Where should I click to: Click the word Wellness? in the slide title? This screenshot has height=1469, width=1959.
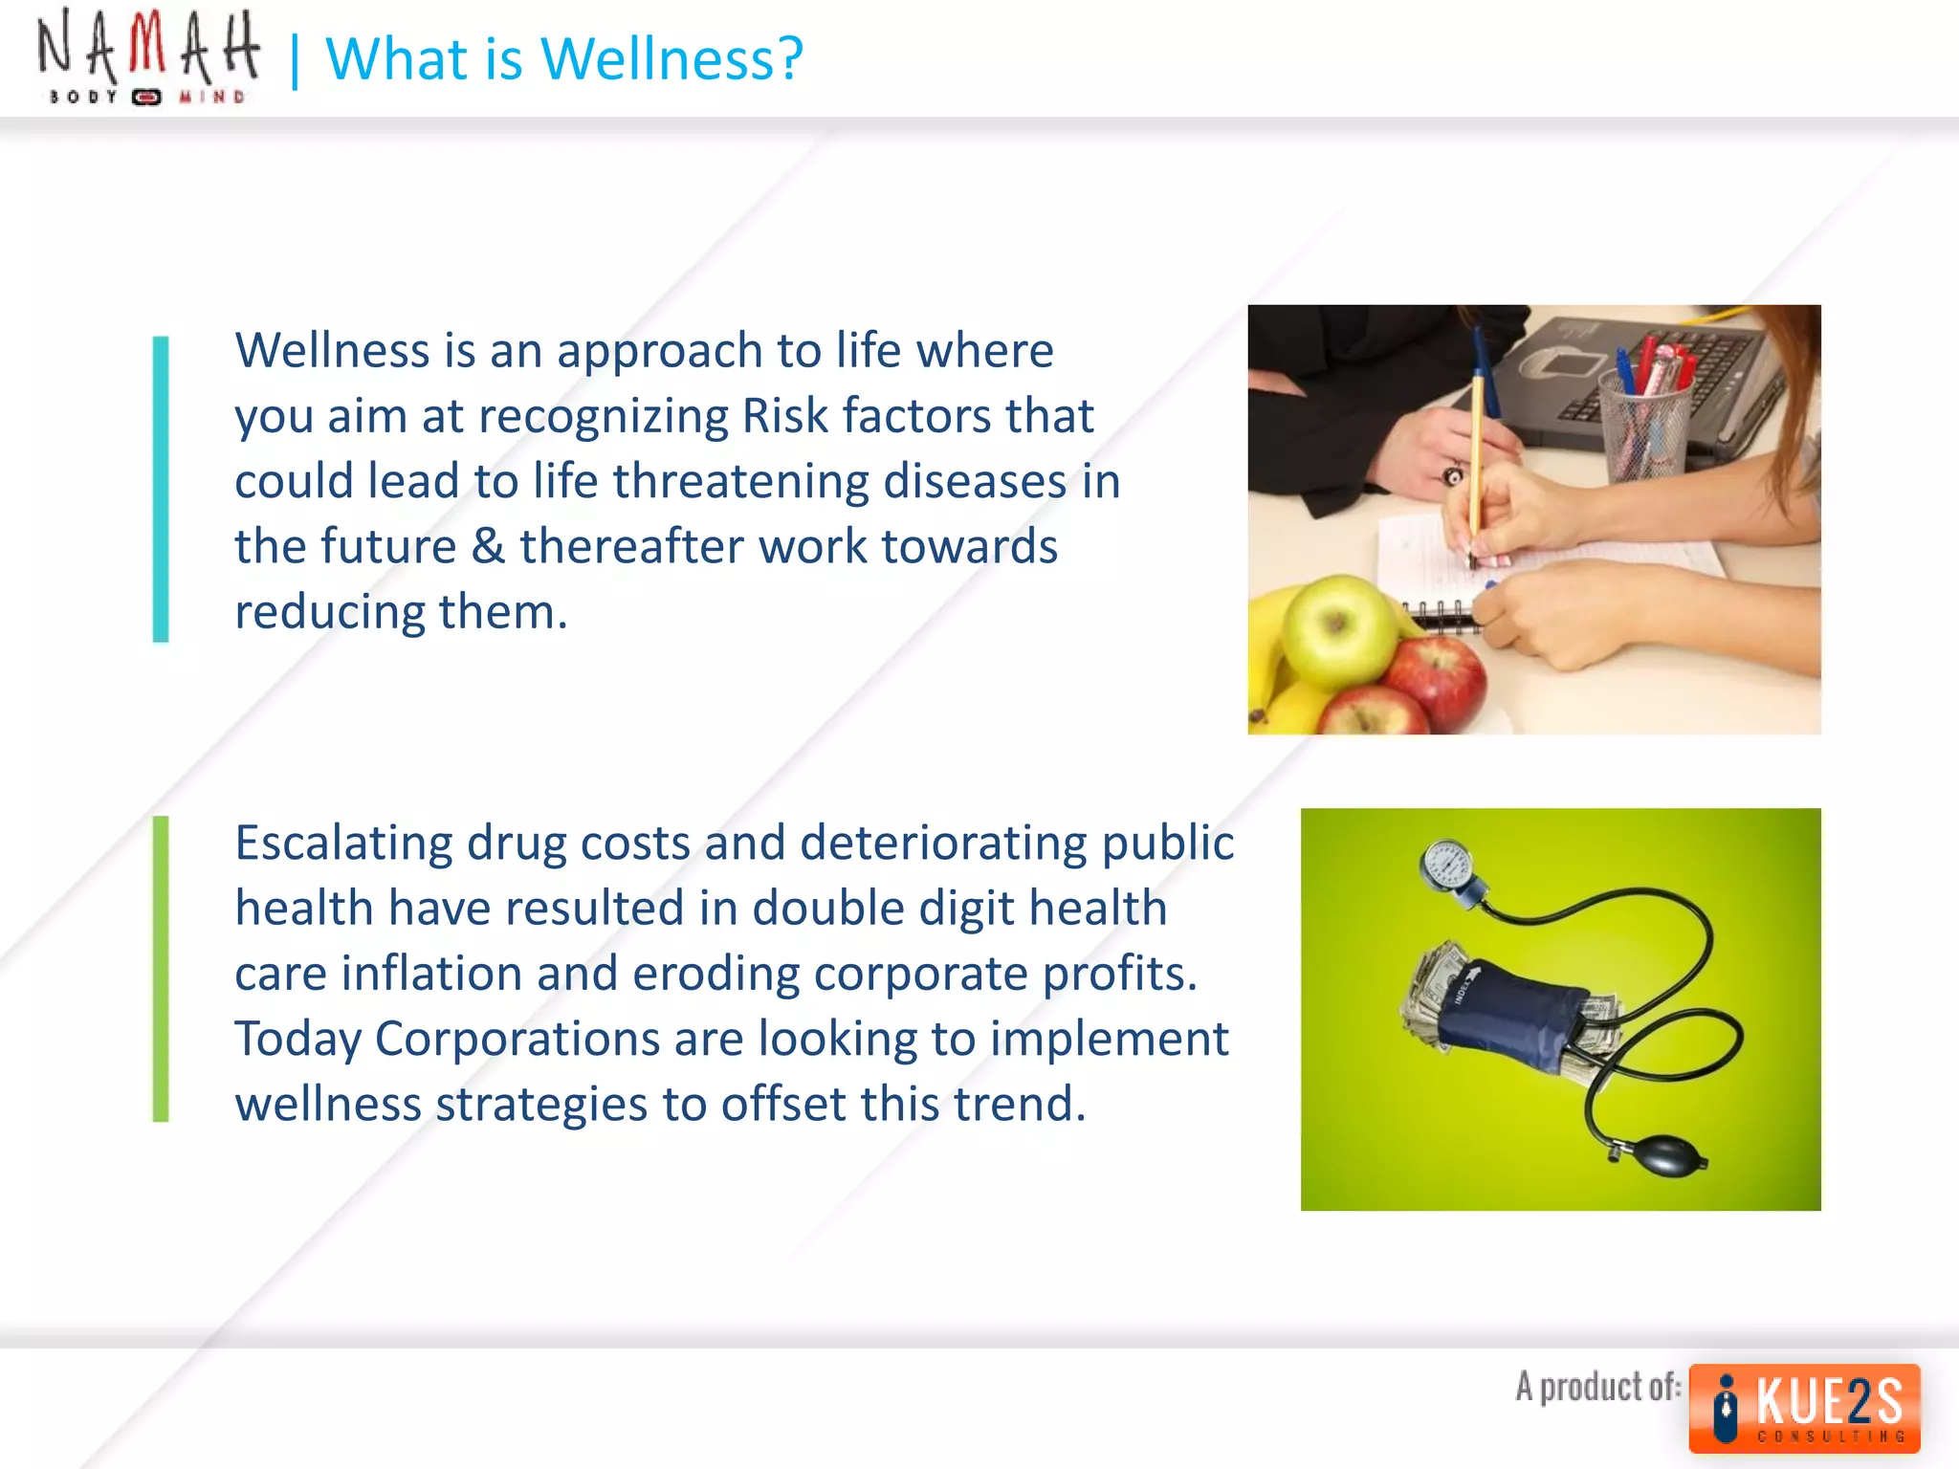pyautogui.click(x=671, y=59)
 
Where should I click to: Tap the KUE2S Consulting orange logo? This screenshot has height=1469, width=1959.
pyautogui.click(x=1804, y=1408)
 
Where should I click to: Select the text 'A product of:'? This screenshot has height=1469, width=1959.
pyautogui.click(x=1597, y=1387)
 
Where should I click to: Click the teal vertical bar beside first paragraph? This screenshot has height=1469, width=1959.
pyautogui.click(x=161, y=489)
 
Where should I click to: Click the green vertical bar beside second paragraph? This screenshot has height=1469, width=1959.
pyautogui.click(x=161, y=968)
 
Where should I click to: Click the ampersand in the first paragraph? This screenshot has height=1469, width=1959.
pyautogui.click(x=488, y=547)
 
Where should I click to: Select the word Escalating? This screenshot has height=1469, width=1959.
pyautogui.click(x=343, y=844)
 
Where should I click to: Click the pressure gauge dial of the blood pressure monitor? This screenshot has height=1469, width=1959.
pyautogui.click(x=1448, y=866)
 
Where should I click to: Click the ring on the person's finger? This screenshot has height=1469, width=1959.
pyautogui.click(x=1453, y=474)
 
